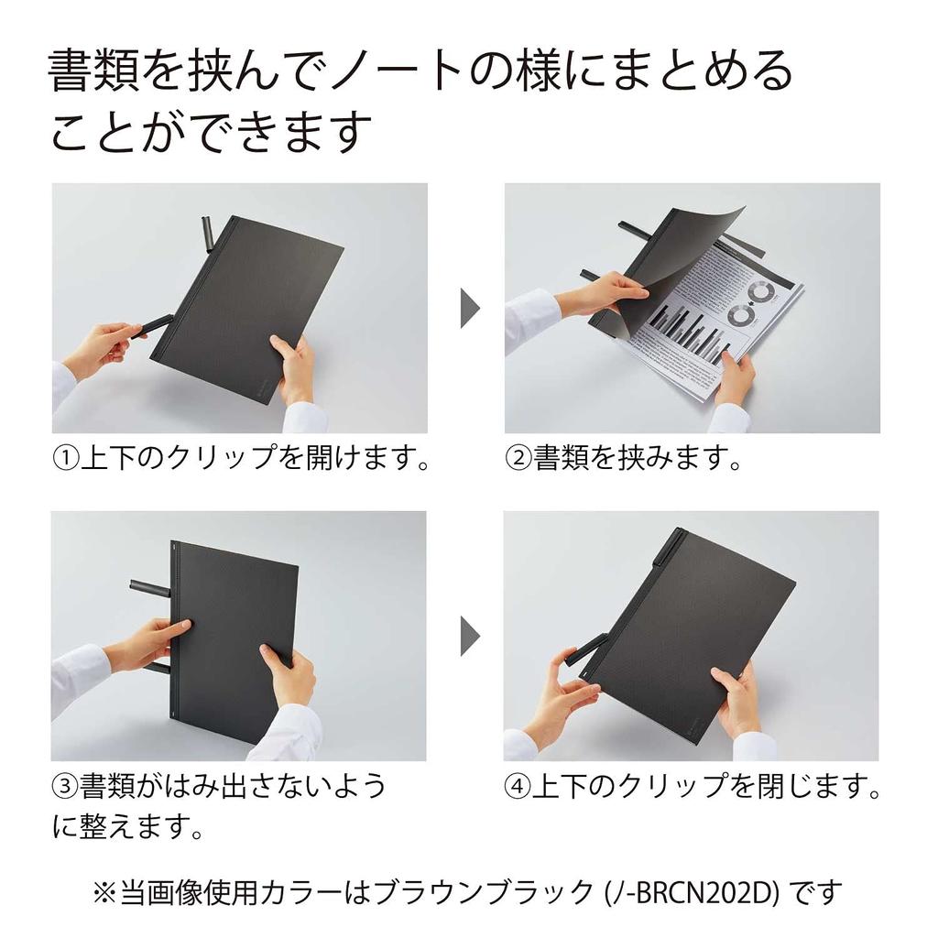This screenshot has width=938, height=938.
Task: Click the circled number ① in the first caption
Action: pyautogui.click(x=66, y=457)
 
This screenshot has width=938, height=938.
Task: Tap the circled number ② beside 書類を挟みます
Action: pyautogui.click(x=520, y=457)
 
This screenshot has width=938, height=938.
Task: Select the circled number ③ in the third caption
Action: pyautogui.click(x=64, y=786)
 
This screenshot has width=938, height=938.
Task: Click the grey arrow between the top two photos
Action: pyautogui.click(x=469, y=308)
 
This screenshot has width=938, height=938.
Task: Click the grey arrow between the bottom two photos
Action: pyautogui.click(x=469, y=635)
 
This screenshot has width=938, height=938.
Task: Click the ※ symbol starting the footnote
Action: pyautogui.click(x=104, y=890)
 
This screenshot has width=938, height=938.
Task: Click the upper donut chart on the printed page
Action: pyautogui.click(x=758, y=291)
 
